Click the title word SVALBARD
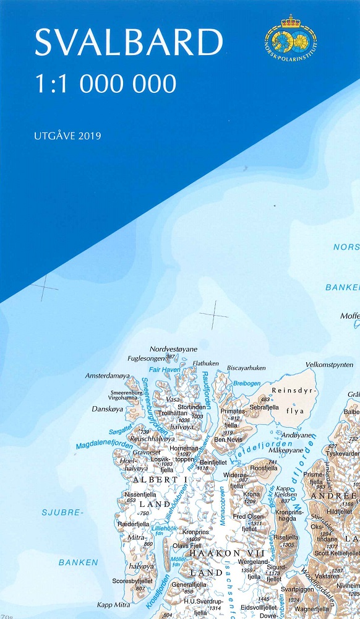click(128, 43)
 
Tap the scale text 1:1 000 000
click(105, 83)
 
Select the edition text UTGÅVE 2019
click(67, 135)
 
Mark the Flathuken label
click(206, 363)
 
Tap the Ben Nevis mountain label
click(228, 439)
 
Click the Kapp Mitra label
click(113, 605)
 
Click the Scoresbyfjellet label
click(132, 581)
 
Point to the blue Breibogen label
click(247, 384)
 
